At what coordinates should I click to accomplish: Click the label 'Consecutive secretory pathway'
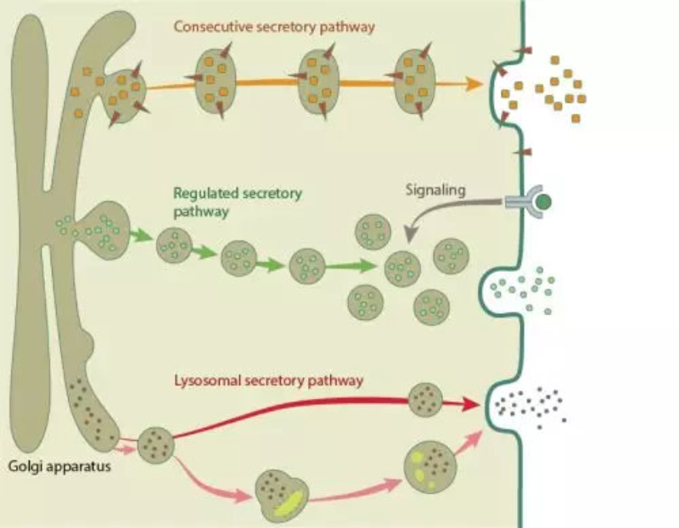point(274,26)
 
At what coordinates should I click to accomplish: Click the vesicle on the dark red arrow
point(424,400)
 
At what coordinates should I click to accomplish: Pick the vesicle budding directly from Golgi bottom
point(155,444)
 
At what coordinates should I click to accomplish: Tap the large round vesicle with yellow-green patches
point(427,466)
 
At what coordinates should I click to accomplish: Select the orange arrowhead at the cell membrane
point(465,84)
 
